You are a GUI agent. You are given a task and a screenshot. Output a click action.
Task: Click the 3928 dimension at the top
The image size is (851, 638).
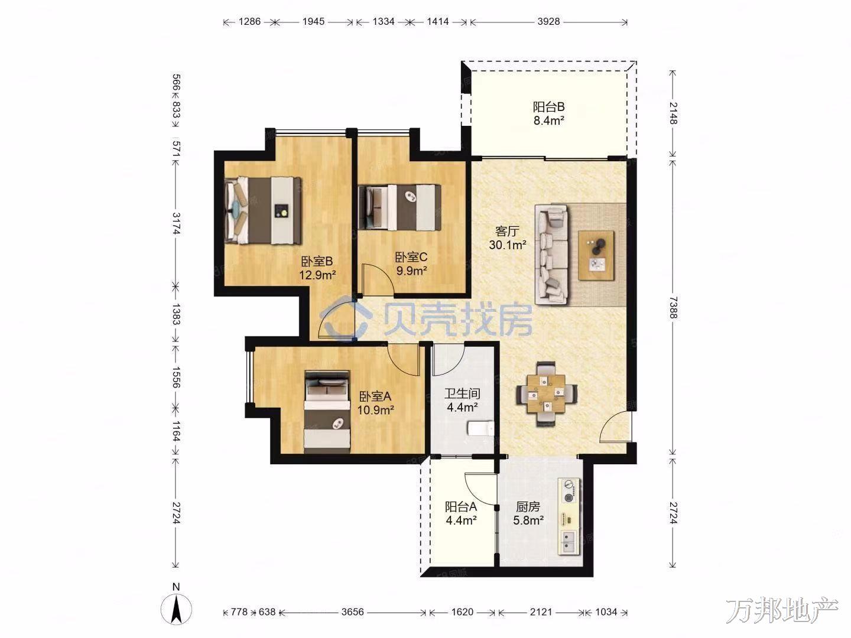(548, 22)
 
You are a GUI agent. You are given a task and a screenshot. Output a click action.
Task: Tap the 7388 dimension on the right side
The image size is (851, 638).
(673, 308)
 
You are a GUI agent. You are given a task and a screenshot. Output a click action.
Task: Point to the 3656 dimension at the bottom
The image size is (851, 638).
(352, 612)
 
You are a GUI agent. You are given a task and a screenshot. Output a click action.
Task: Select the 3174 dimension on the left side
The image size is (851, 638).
(176, 223)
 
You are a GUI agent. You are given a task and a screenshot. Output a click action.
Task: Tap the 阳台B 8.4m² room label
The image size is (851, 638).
(548, 113)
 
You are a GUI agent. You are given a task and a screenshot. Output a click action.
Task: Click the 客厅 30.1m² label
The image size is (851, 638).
(508, 238)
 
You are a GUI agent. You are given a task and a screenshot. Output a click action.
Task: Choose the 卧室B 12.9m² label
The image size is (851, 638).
(317, 268)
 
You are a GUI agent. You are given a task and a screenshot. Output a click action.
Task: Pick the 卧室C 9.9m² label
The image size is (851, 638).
(411, 263)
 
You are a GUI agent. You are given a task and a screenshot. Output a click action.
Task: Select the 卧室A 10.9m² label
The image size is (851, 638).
(375, 403)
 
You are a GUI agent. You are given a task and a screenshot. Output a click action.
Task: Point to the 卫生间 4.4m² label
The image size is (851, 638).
(462, 401)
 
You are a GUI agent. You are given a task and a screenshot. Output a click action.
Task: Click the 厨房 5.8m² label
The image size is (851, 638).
(528, 513)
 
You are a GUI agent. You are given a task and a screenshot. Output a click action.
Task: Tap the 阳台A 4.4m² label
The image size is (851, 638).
(461, 513)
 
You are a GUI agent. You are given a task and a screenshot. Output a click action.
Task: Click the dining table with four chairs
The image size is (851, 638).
(546, 394)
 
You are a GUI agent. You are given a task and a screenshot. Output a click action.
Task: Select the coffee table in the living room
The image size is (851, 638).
(596, 255)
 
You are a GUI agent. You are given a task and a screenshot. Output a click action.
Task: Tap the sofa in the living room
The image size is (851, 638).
(551, 255)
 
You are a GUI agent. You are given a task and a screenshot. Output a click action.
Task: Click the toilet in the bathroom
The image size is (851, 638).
(480, 429)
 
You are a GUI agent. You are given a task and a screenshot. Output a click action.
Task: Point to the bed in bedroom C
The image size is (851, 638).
(399, 207)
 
